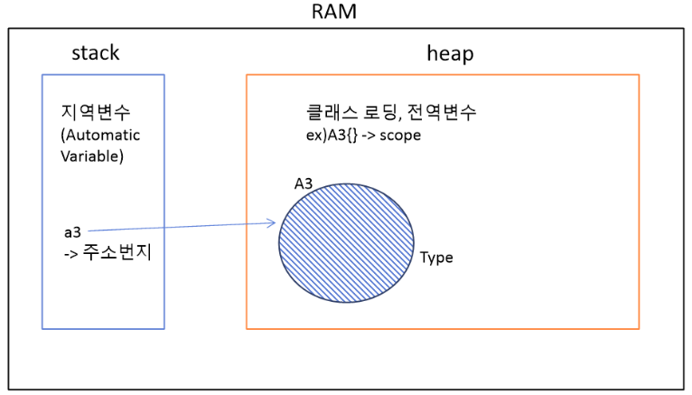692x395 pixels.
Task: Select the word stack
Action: [95, 53]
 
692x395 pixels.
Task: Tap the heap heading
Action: [449, 53]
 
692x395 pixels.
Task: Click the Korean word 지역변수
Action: [93, 115]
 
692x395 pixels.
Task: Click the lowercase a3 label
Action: [72, 232]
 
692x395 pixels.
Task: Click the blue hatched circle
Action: [346, 240]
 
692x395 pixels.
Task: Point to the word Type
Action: [436, 258]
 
